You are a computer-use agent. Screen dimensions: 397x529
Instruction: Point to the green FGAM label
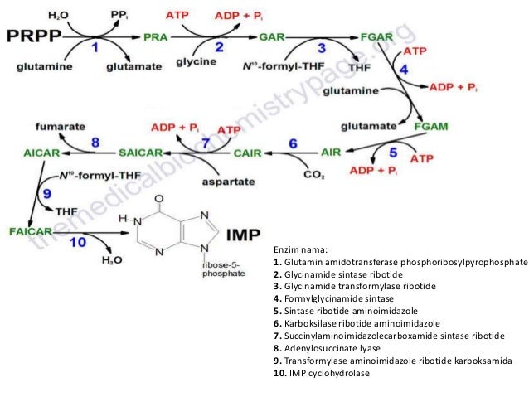431,126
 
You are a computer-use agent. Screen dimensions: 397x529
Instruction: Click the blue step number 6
292,143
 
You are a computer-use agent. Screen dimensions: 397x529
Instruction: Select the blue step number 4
404,69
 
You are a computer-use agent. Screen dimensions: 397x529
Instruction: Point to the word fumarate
58,126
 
